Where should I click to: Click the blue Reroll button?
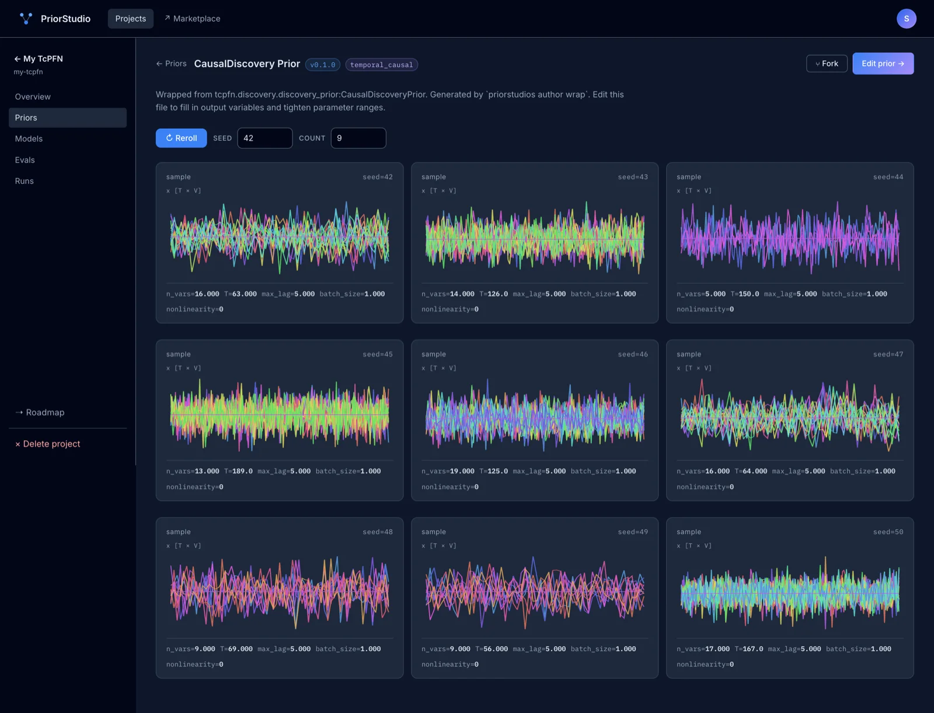coord(182,138)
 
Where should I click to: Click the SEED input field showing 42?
coord(264,138)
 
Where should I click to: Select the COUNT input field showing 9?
coord(358,138)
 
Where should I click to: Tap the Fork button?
coord(827,64)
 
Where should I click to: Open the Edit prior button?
coord(883,64)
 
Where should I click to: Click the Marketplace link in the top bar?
coord(192,18)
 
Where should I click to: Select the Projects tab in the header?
coord(131,18)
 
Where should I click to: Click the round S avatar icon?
coord(907,18)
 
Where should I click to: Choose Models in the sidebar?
coord(29,139)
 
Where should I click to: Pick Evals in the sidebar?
coord(25,160)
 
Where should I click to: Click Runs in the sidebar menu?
coord(25,181)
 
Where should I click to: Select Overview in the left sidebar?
coord(33,96)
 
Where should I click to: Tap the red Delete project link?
coord(48,443)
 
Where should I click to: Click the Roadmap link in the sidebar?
coord(40,412)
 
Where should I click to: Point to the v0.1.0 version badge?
coord(323,65)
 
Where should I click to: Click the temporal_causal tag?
coord(381,65)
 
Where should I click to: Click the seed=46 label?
coord(633,354)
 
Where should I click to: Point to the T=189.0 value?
coord(238,471)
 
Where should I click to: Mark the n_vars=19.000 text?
coord(448,471)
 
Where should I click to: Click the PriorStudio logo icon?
coord(26,18)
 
